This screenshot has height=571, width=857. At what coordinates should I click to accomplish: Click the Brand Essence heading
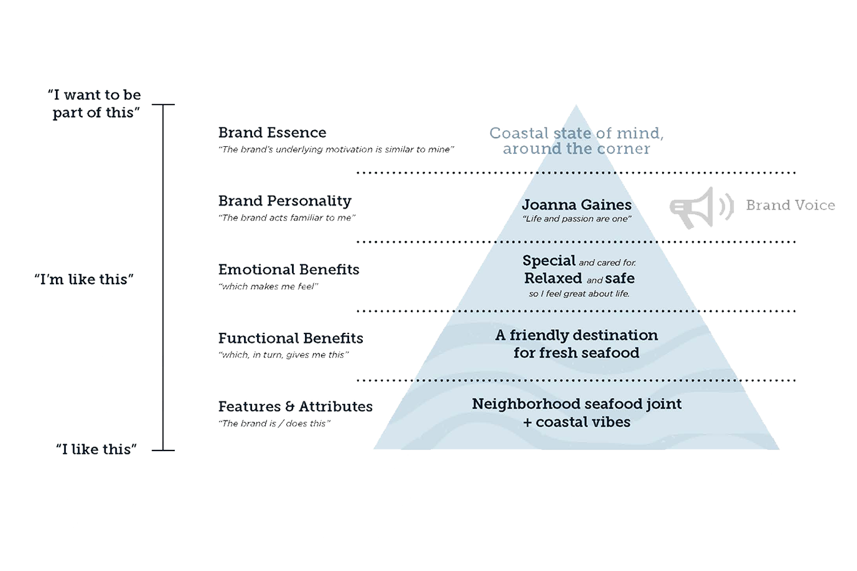272,132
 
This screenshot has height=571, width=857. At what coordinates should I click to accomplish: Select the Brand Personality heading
285,201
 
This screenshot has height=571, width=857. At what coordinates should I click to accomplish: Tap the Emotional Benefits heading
289,270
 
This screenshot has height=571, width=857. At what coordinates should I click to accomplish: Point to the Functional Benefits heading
290,338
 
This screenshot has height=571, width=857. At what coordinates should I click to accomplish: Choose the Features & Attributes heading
295,407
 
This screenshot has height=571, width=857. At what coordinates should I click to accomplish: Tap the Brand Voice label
790,205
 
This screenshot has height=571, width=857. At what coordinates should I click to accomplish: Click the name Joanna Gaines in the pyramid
576,204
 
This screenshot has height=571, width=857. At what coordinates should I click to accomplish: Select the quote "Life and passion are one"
576,219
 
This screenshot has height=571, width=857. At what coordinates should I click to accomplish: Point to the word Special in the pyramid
549,261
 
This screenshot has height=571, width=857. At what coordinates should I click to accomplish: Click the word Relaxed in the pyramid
553,279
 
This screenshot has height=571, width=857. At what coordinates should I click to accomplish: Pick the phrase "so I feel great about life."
579,294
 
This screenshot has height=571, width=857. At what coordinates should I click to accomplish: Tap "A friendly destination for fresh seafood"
576,344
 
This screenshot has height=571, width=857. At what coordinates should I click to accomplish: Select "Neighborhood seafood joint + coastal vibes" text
576,413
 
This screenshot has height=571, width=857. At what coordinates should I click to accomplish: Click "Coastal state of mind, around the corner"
576,141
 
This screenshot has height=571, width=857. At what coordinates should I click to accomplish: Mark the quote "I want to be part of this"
95,103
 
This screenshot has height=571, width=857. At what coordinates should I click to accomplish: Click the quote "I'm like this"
83,280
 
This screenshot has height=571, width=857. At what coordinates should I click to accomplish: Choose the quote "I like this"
96,449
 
